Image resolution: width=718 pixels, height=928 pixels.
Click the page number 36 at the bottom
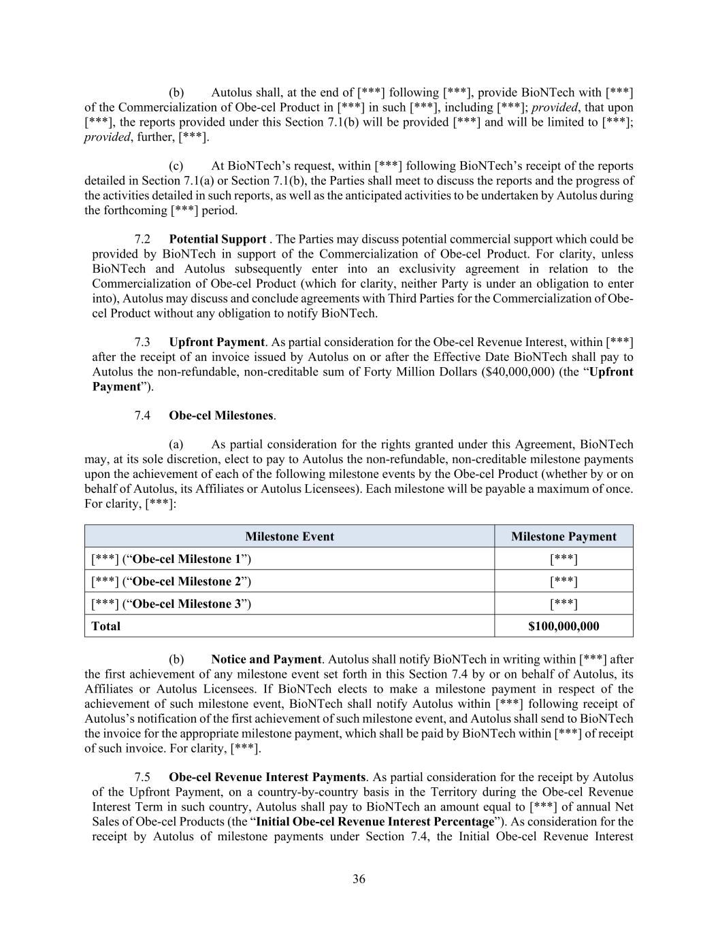(359, 879)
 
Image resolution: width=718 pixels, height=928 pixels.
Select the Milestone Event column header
(289, 536)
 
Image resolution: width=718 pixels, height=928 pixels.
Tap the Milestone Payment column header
(564, 536)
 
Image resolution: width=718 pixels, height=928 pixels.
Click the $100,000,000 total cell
(564, 626)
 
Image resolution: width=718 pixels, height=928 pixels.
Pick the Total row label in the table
(105, 626)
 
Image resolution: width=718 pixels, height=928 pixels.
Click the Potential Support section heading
(218, 239)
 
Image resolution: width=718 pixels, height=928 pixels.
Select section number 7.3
(142, 342)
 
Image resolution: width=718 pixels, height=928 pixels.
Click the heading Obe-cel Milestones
(222, 415)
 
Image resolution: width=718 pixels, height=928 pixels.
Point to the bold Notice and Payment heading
(266, 659)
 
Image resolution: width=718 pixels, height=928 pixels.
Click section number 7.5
(142, 777)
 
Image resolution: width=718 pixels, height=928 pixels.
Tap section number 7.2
(142, 239)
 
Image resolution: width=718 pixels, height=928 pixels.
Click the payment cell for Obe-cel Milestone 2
(564, 581)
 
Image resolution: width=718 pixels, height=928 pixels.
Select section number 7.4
(142, 415)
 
